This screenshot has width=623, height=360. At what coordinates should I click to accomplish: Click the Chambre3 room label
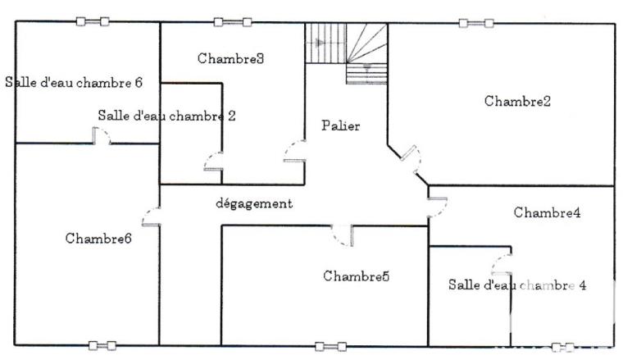[x=230, y=58]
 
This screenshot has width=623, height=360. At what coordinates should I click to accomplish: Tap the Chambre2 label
[x=517, y=102]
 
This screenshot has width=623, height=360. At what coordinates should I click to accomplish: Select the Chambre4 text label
[x=548, y=212]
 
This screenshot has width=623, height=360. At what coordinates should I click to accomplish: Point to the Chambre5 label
[x=356, y=276]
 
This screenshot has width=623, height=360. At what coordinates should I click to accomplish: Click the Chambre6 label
[x=98, y=239]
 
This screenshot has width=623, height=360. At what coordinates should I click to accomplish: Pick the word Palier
[x=341, y=125]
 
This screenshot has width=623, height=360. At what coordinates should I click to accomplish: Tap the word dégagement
[x=254, y=203]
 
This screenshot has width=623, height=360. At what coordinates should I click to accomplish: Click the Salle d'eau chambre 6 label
[x=75, y=82]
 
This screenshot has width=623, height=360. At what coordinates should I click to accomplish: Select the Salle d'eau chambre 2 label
[x=166, y=116]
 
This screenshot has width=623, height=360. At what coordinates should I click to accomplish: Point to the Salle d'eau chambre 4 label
[x=517, y=285]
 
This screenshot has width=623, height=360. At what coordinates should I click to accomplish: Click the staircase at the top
[x=346, y=51]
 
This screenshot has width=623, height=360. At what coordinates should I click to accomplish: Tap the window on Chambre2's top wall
[x=475, y=23]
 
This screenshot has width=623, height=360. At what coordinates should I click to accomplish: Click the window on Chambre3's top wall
[x=232, y=22]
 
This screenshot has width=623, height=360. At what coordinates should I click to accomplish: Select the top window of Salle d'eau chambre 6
[x=93, y=21]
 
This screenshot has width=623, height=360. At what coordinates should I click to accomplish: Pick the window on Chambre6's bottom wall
[x=102, y=345]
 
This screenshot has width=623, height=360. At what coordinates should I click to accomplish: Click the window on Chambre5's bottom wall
[x=330, y=346]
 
